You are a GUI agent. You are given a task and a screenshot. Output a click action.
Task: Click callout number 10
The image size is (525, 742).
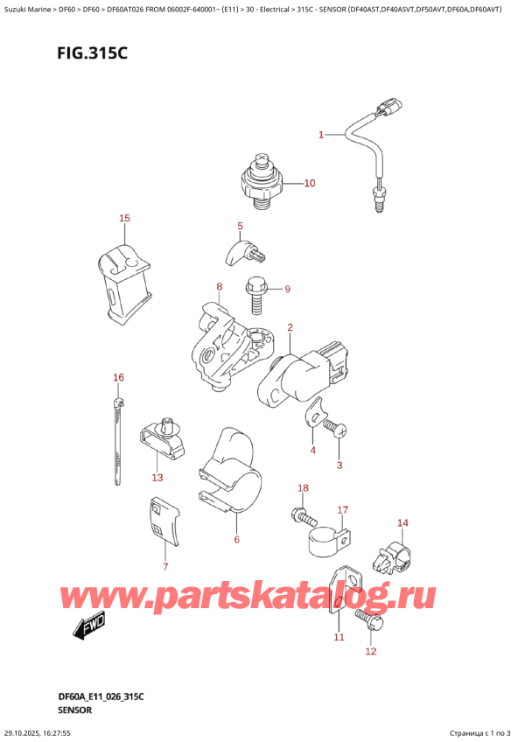[310, 184]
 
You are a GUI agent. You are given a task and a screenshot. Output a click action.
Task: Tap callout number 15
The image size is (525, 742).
[123, 218]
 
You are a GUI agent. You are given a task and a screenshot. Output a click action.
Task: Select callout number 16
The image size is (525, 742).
[119, 377]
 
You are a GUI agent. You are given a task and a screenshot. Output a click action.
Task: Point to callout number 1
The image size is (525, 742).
[321, 135]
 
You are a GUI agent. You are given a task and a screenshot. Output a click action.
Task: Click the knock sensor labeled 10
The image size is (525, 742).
[261, 179]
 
